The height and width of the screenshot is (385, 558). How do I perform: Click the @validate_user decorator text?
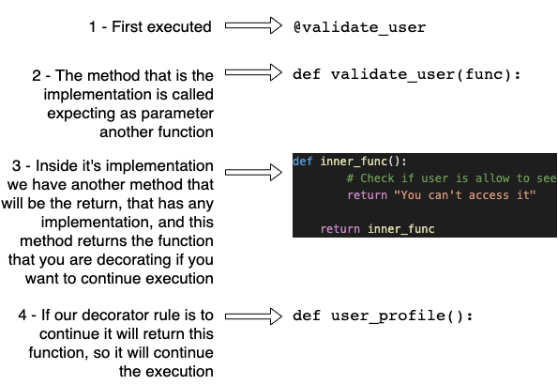tap(359, 27)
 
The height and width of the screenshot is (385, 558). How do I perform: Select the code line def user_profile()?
tap(384, 316)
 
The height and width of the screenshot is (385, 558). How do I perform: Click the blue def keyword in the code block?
tap(303, 161)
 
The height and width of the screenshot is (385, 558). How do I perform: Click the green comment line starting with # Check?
tap(450, 178)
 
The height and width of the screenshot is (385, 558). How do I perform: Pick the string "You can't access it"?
tap(454, 195)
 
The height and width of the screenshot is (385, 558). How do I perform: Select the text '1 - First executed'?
tap(150, 27)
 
